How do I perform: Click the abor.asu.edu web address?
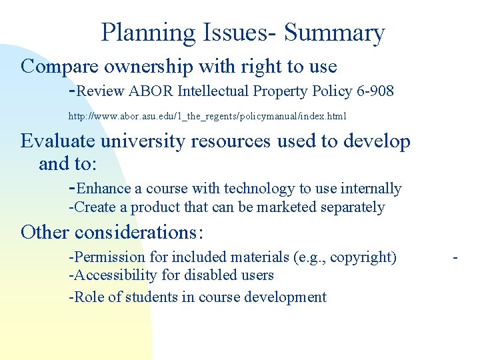coord(207,116)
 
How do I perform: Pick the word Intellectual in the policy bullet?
coord(213,91)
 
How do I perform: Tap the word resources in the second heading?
coord(231,141)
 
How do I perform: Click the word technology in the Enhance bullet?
coord(257,189)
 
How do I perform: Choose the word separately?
coord(353,207)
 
